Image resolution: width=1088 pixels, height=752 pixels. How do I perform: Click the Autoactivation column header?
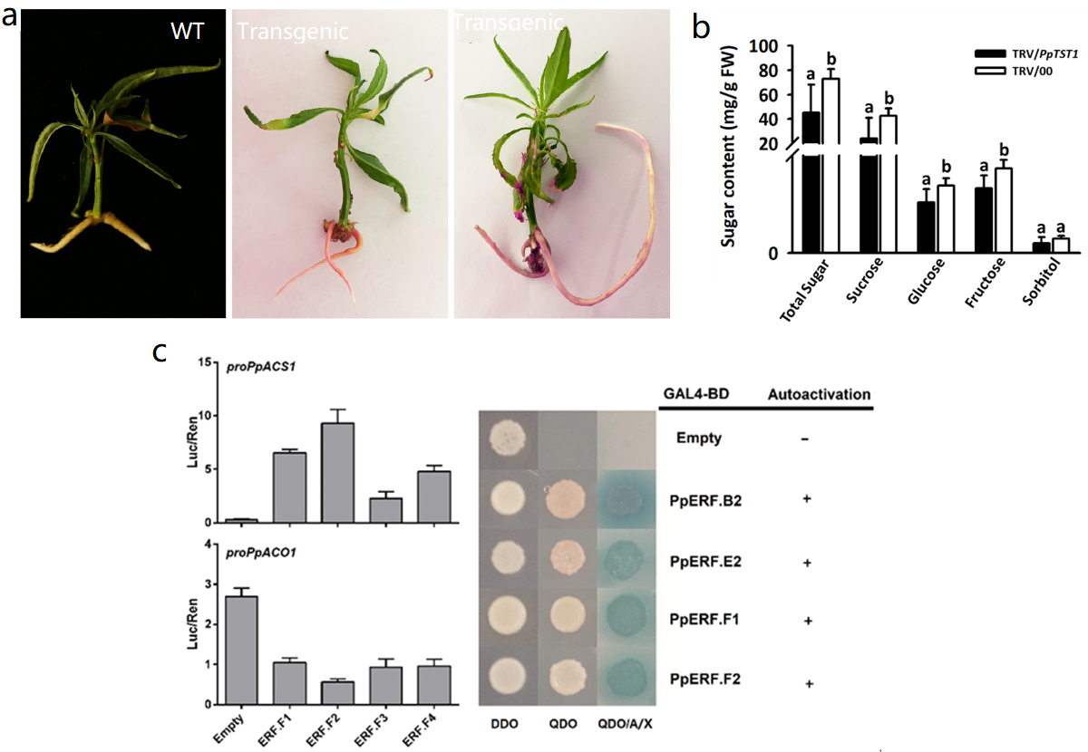point(819,394)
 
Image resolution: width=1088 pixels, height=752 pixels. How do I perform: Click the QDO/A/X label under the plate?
point(627,726)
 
